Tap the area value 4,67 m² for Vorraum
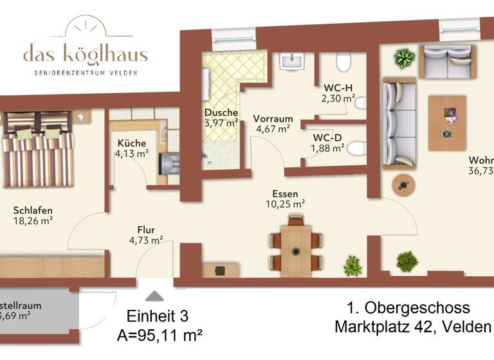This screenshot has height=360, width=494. pyautogui.click(x=273, y=129)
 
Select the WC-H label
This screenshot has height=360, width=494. pyautogui.click(x=338, y=88)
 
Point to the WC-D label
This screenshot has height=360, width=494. pyautogui.click(x=327, y=138)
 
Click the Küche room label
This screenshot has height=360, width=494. pyautogui.click(x=131, y=143)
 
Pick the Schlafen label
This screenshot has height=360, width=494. pyautogui.click(x=33, y=210)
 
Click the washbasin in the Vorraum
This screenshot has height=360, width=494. pyautogui.click(x=293, y=62)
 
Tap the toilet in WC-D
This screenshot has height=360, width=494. pyautogui.click(x=358, y=148)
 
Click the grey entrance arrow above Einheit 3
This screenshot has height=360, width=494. pyautogui.click(x=154, y=296)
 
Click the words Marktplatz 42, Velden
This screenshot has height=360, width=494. pyautogui.click(x=412, y=327)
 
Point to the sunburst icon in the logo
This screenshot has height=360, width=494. pyautogui.click(x=86, y=26)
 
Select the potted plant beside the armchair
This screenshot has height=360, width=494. pyautogui.click(x=405, y=58)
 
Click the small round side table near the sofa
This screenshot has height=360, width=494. pyautogui.click(x=403, y=184)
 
